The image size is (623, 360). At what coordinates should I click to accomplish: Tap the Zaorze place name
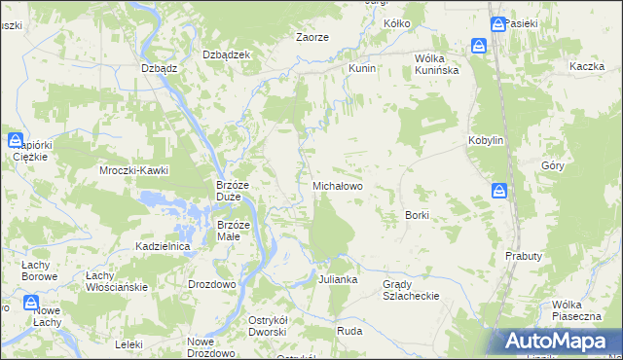coord(311,37)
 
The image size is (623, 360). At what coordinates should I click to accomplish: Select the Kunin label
coord(362,70)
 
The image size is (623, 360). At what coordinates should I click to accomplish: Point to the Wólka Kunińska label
coord(436,63)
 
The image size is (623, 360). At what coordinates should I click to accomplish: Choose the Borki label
coord(417,214)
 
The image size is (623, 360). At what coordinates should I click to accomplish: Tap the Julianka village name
coord(338,279)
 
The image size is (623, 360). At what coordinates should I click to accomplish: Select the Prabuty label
coord(523,255)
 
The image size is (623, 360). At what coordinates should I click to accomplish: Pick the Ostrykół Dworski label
coord(267,327)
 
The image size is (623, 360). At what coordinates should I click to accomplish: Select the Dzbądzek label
coord(226,54)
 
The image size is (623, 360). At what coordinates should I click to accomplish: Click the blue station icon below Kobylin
coord(498,191)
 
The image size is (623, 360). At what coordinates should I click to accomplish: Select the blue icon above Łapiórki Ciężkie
coord(17,140)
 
